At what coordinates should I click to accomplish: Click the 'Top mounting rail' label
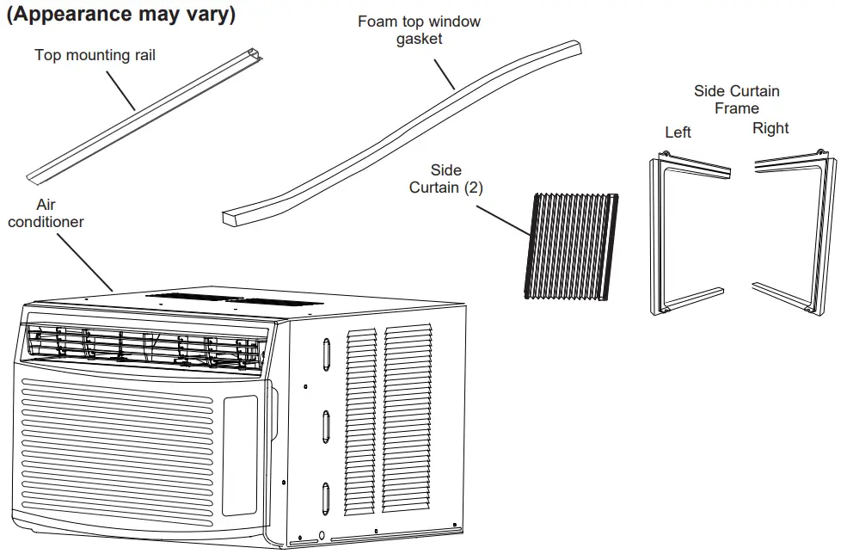[95, 56]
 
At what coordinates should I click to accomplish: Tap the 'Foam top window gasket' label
[419, 30]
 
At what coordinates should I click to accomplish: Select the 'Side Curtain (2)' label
[445, 179]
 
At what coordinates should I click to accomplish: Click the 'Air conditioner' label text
[46, 213]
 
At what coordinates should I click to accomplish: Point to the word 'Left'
[678, 132]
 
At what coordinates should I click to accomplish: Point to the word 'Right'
[770, 128]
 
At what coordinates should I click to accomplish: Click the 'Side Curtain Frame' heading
[736, 100]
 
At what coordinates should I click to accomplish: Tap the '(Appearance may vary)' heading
[120, 15]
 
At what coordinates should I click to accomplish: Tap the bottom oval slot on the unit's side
[327, 499]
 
